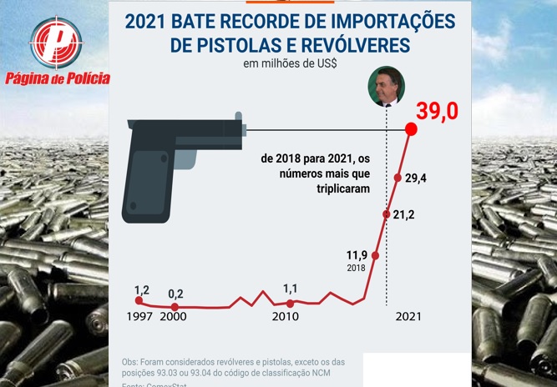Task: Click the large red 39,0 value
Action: tap(443, 111)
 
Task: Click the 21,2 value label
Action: tap(404, 214)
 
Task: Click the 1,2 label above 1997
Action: tap(141, 290)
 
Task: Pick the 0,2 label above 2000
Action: tap(175, 294)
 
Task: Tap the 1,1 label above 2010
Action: tap(290, 289)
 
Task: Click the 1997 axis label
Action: tap(139, 317)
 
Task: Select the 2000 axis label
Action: tap(175, 317)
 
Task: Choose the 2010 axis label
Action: tap(286, 317)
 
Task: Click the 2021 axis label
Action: tap(408, 317)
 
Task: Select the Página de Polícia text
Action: tap(57, 79)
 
